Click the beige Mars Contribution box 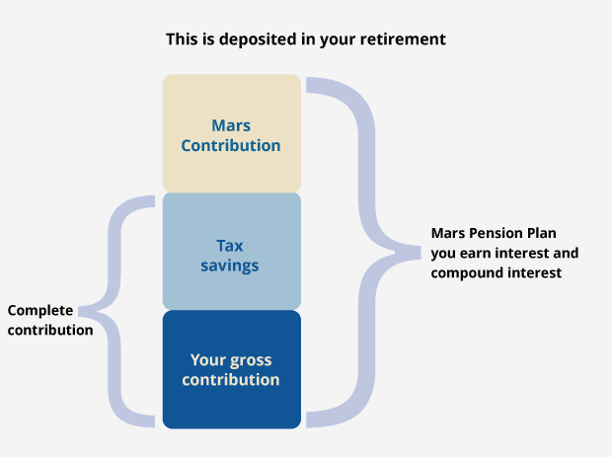pyautogui.click(x=231, y=133)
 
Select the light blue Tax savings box pyautogui.click(x=231, y=252)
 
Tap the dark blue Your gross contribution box pyautogui.click(x=231, y=369)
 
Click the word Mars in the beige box pyautogui.click(x=231, y=125)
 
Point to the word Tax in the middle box pyautogui.click(x=229, y=246)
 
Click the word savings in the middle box pyautogui.click(x=229, y=267)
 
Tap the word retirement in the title pyautogui.click(x=403, y=39)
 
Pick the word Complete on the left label pyautogui.click(x=40, y=311)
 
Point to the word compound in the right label pyautogui.click(x=461, y=272)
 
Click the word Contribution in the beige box pyautogui.click(x=231, y=145)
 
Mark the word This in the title pyautogui.click(x=182, y=39)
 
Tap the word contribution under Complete pyautogui.click(x=50, y=330)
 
